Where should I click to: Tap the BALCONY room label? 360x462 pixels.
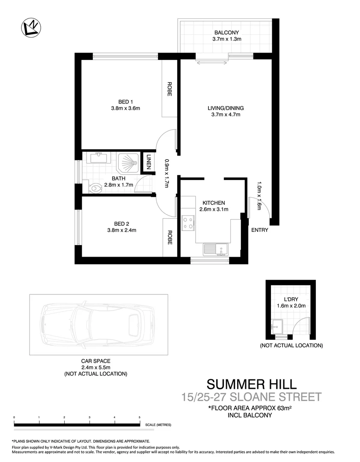click(227, 32)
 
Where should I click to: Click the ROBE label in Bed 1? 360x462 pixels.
click(170, 89)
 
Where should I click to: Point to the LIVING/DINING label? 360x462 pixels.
click(226, 108)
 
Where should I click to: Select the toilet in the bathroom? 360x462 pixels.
click(96, 187)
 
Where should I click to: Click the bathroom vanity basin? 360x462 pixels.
click(98, 158)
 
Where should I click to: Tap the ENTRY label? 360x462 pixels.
click(259, 230)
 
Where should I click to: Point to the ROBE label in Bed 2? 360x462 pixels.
click(170, 237)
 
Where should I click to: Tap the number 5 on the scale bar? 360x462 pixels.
click(140, 417)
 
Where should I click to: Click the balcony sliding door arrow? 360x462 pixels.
click(212, 61)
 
